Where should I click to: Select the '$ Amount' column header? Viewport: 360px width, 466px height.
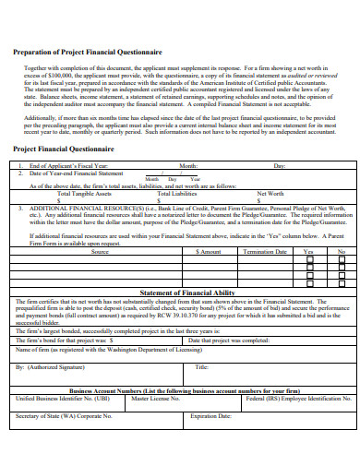(x=210, y=251)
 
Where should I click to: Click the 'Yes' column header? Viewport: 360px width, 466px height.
(x=308, y=251)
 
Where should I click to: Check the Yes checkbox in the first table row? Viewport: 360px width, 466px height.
(x=309, y=260)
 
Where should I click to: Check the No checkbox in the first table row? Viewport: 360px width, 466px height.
(x=340, y=260)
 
